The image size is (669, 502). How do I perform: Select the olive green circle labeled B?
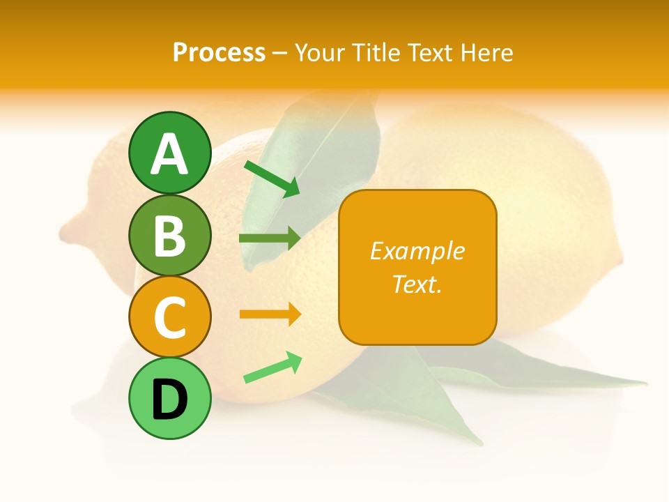click(169, 236)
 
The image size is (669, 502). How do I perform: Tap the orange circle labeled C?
click(169, 317)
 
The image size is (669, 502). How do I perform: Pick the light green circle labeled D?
click(169, 399)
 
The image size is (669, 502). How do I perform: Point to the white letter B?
click(169, 236)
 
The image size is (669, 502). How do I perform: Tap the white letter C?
click(169, 317)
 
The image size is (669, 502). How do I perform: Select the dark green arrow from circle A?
click(272, 178)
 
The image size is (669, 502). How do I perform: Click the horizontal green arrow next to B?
click(270, 238)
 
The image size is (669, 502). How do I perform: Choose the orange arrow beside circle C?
click(270, 314)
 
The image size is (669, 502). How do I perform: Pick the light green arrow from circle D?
click(272, 367)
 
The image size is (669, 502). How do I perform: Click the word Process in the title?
click(219, 52)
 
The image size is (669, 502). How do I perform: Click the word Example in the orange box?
click(417, 251)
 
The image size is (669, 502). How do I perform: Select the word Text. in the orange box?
click(417, 284)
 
